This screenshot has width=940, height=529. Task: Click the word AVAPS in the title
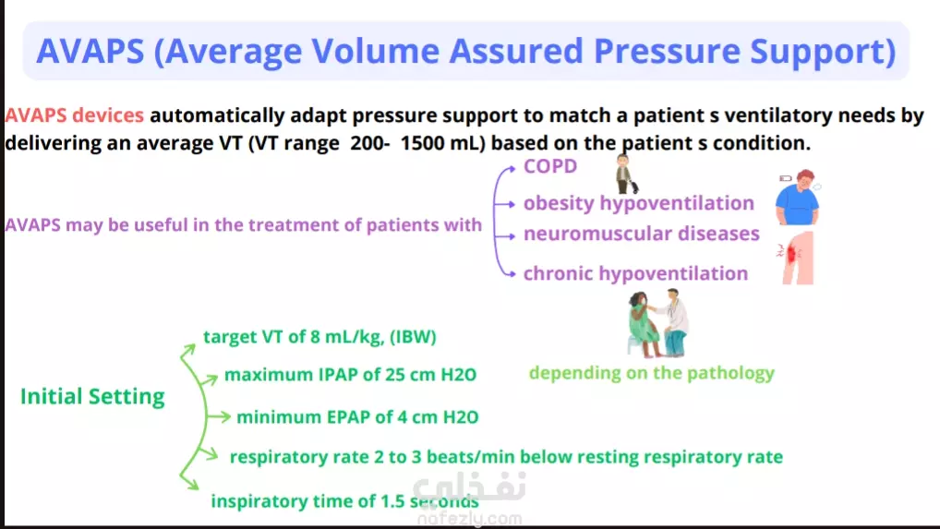point(90,51)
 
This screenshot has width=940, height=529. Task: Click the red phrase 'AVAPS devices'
point(75,115)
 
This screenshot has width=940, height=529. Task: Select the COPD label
point(549,166)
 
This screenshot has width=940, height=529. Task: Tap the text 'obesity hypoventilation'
point(638,204)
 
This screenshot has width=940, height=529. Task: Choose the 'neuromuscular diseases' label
point(642,234)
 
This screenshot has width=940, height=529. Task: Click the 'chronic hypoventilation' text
point(635,274)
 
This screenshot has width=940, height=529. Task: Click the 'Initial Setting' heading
point(92,397)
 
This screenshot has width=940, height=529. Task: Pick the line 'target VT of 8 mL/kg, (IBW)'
point(319,337)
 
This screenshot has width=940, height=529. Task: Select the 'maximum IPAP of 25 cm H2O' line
point(350,375)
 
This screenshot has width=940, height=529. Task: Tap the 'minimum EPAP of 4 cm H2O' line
point(357,417)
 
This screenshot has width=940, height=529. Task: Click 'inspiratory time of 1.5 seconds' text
point(344,501)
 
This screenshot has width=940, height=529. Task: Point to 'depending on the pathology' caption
point(652,373)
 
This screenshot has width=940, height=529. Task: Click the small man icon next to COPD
point(626,174)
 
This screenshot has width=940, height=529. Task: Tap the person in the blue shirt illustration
point(798,197)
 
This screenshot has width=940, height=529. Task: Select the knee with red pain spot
point(797,258)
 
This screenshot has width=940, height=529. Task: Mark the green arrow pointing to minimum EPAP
point(218,417)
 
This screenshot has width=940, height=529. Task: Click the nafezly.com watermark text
point(469,519)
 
